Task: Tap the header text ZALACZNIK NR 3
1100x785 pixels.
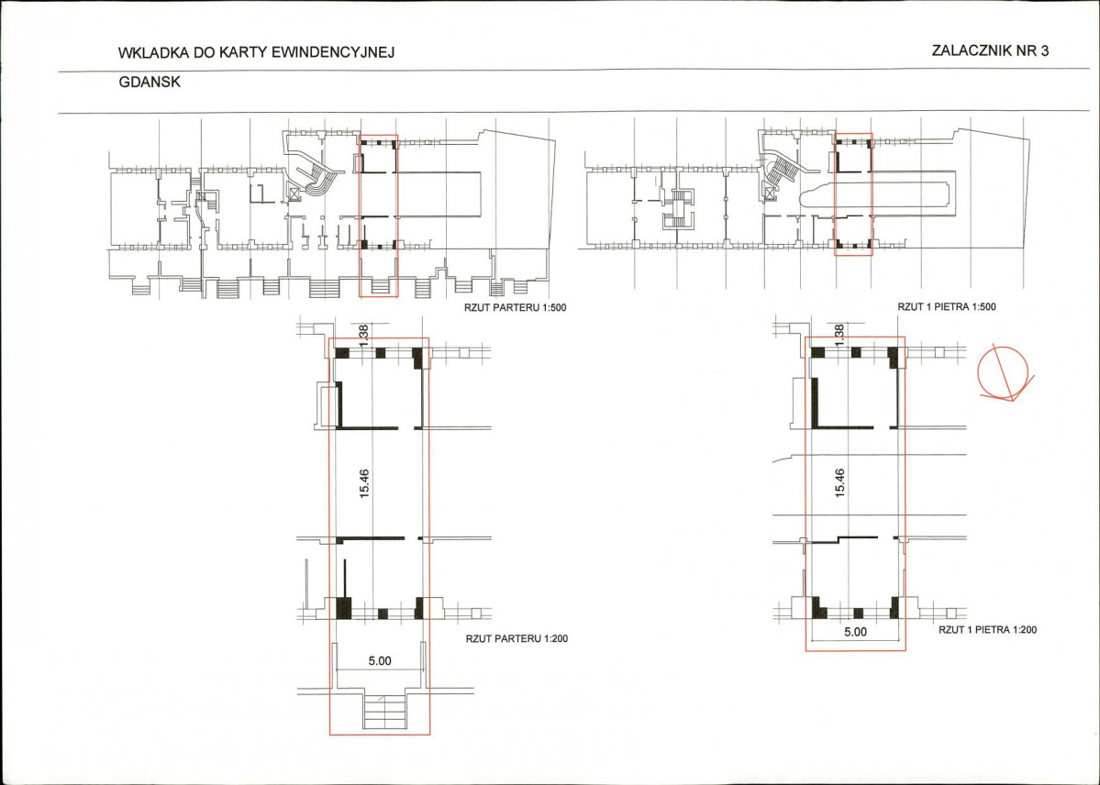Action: click(x=990, y=50)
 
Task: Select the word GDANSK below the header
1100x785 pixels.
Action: click(x=150, y=83)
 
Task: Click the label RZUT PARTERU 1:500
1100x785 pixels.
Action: click(x=515, y=307)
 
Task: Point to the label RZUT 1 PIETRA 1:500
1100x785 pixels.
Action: click(x=947, y=306)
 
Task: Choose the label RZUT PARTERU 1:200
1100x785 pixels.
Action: click(x=517, y=639)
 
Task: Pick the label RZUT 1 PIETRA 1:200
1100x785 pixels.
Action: click(x=988, y=630)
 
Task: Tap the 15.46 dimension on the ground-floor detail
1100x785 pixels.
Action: click(x=364, y=483)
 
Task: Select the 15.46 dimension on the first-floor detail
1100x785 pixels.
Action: click(x=839, y=483)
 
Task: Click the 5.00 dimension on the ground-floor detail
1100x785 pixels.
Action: click(x=380, y=661)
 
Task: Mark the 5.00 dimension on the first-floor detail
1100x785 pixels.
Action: click(x=855, y=631)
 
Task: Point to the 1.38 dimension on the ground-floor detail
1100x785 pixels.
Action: click(x=363, y=334)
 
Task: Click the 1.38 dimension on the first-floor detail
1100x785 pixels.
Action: click(x=839, y=334)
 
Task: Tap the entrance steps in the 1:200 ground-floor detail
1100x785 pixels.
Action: click(x=384, y=712)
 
